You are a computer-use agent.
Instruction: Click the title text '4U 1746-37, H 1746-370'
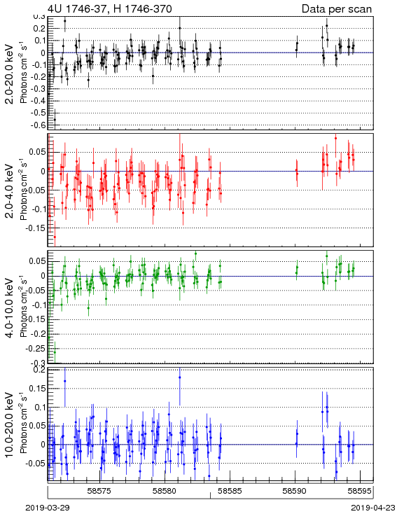pyautogui.click(x=110, y=9)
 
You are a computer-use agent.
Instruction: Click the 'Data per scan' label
pyautogui.click(x=337, y=9)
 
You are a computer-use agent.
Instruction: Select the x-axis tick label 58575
pyautogui.click(x=99, y=491)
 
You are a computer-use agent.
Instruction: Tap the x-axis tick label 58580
pyautogui.click(x=165, y=491)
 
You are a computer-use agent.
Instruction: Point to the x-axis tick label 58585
pyautogui.click(x=230, y=491)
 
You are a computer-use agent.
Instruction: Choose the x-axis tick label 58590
pyautogui.click(x=295, y=491)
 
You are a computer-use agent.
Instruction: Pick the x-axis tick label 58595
pyautogui.click(x=360, y=491)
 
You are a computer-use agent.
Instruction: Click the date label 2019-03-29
pyautogui.click(x=48, y=508)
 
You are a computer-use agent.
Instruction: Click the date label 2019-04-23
pyautogui.click(x=373, y=508)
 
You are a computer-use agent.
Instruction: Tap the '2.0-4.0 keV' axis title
pyautogui.click(x=10, y=190)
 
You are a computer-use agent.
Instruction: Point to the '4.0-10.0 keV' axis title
pyautogui.click(x=10, y=307)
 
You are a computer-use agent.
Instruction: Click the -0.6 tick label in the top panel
pyautogui.click(x=39, y=125)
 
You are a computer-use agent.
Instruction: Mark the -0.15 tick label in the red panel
pyautogui.click(x=36, y=228)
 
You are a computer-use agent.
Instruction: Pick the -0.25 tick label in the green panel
pyautogui.click(x=36, y=349)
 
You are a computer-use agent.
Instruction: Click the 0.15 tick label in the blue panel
pyautogui.click(x=38, y=389)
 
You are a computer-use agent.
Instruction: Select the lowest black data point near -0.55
pyautogui.click(x=55, y=119)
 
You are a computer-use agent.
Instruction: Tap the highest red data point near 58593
pyautogui.click(x=335, y=139)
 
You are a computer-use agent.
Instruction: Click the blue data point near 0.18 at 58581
pyautogui.click(x=180, y=377)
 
